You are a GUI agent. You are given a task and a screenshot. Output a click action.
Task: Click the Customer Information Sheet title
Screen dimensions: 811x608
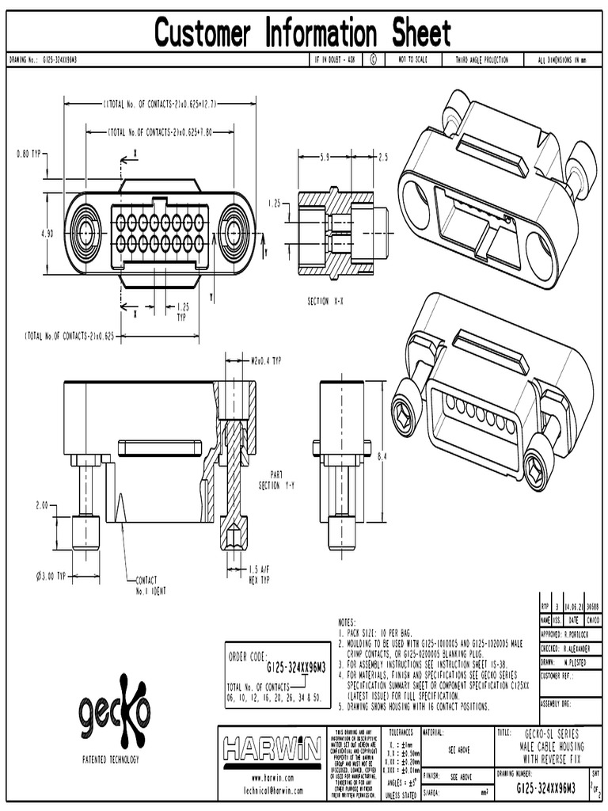coord(302,33)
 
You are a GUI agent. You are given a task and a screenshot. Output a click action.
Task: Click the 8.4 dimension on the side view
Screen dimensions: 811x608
coord(382,456)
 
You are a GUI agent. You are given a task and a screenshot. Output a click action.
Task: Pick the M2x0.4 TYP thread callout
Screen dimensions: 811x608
coord(266,361)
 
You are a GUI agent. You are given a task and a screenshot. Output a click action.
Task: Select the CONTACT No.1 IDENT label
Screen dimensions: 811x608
coord(154,585)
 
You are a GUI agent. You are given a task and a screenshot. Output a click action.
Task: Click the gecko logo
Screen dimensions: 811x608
coord(113,710)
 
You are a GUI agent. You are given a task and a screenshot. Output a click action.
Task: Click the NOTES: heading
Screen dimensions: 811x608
coord(348,623)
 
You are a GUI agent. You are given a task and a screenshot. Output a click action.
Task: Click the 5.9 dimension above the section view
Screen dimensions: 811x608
coord(325,158)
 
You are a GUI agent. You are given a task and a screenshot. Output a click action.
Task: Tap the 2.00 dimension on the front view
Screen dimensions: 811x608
coord(41,504)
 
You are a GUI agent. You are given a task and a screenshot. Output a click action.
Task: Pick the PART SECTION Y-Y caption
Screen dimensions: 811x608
coord(281,479)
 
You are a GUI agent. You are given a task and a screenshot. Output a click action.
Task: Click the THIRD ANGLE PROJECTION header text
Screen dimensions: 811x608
coord(481,60)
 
